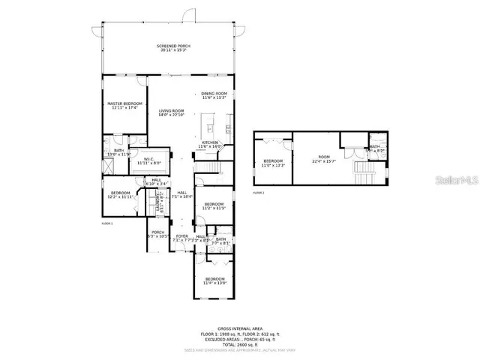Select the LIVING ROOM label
(x=171, y=111)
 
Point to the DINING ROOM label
(x=214, y=94)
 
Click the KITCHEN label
(x=211, y=142)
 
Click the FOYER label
(x=181, y=236)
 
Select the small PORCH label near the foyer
(x=157, y=232)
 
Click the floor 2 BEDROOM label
(x=272, y=160)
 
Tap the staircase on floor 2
(x=365, y=175)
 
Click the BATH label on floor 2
(x=374, y=147)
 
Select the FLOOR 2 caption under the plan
(x=258, y=193)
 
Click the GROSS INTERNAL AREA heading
(x=239, y=328)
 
